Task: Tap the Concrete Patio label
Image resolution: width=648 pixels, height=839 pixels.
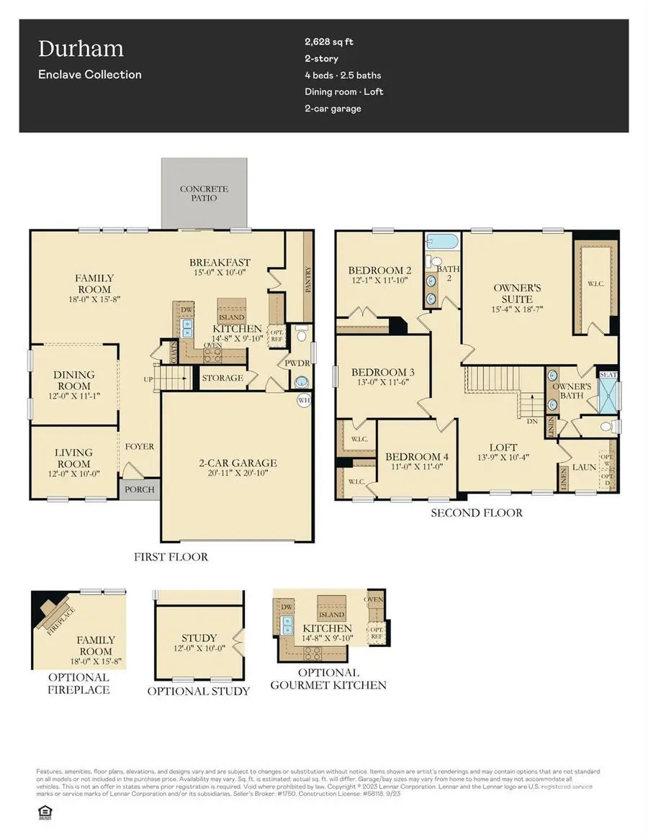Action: click(x=204, y=194)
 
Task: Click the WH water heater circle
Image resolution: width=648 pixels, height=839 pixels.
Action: click(x=304, y=399)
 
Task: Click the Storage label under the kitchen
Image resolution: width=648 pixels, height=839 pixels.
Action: click(x=222, y=378)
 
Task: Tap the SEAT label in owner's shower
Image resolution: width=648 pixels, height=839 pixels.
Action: click(x=609, y=375)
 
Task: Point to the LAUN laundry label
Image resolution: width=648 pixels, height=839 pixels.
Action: click(x=583, y=467)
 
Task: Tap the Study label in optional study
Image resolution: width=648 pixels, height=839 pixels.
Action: click(x=199, y=638)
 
